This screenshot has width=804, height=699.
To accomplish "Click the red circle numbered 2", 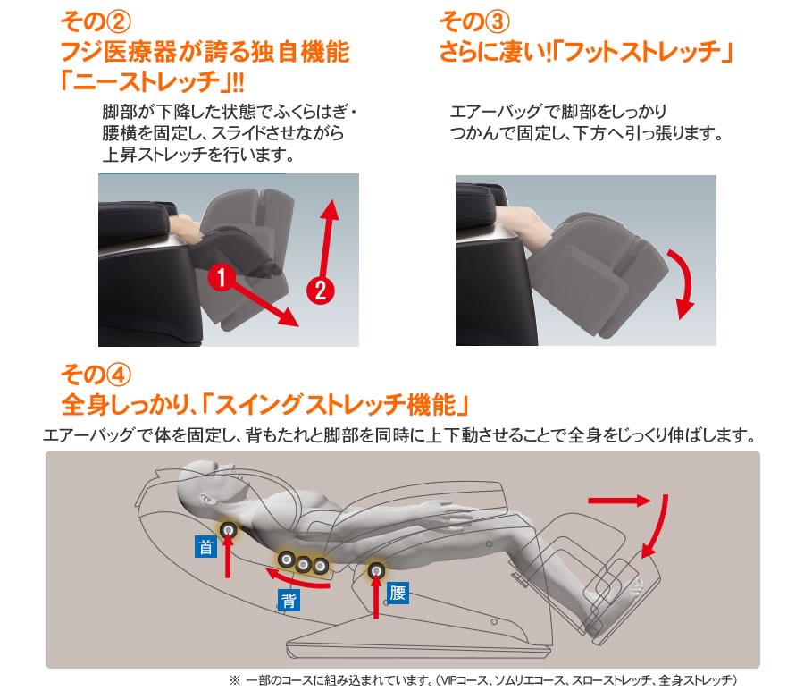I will (319, 289).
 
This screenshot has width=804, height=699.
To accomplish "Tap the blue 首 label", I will (206, 547).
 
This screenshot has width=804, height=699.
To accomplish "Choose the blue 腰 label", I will (398, 592).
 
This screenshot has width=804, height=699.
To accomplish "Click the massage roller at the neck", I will (229, 531).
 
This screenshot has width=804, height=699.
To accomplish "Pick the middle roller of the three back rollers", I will (304, 564).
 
